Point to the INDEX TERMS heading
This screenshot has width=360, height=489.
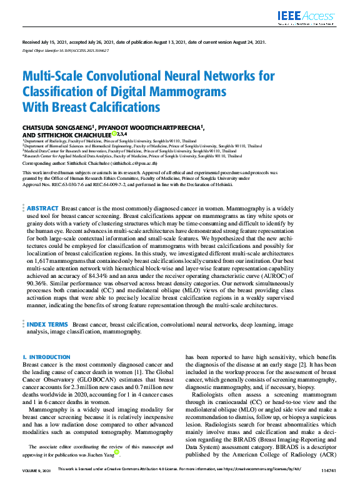tap(47, 325)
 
